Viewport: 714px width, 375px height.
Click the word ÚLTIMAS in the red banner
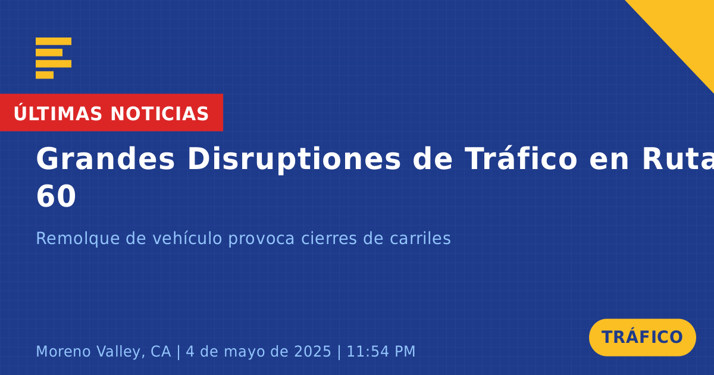click(x=58, y=112)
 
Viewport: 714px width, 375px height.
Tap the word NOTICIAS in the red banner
click(x=159, y=114)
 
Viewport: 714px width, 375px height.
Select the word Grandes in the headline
click(x=105, y=159)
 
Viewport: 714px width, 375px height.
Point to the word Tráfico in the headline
click(x=521, y=158)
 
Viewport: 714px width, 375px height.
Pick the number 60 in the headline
click(x=56, y=196)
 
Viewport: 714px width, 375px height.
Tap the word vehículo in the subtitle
click(x=187, y=238)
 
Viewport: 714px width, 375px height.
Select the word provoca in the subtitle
click(x=261, y=239)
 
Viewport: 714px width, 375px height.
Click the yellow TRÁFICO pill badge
click(x=642, y=337)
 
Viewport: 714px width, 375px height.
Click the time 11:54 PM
click(x=381, y=351)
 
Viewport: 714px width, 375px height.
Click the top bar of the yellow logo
click(x=54, y=41)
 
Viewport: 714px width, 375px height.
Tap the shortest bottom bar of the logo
click(x=45, y=75)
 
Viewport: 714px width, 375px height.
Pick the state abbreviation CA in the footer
click(x=161, y=351)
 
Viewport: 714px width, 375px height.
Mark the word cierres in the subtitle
click(x=328, y=238)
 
